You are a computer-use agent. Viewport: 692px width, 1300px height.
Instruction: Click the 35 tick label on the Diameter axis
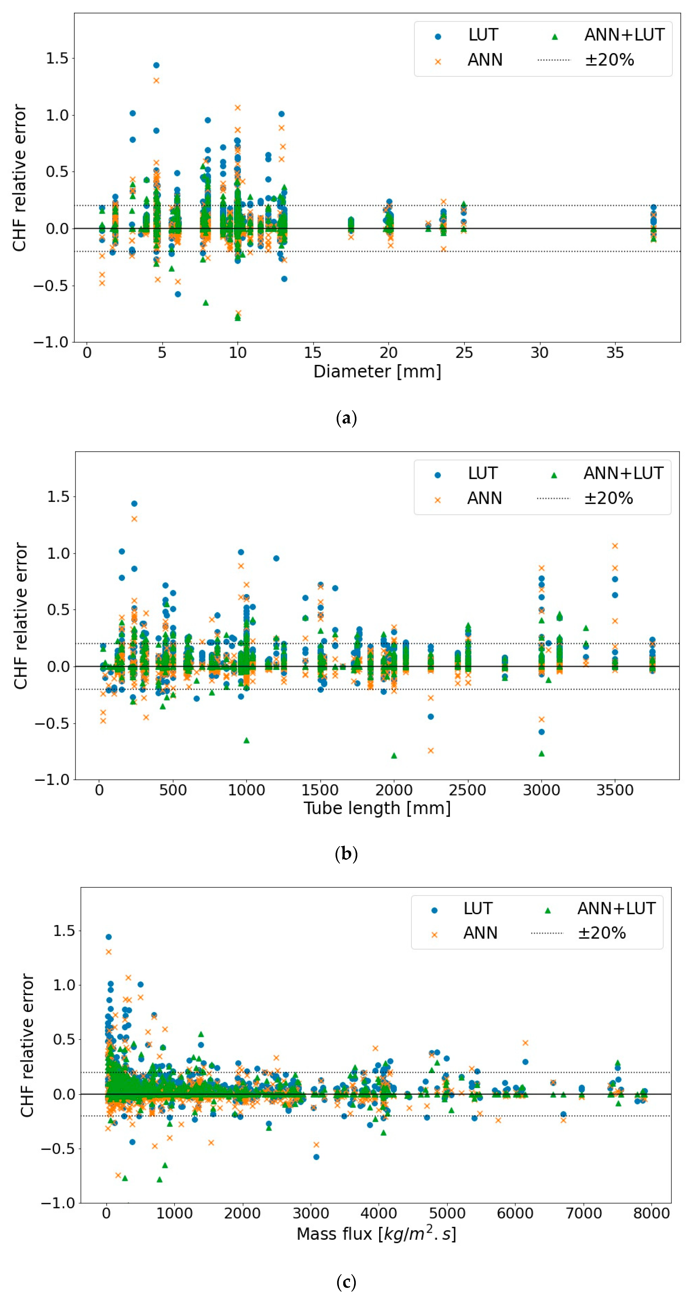click(615, 352)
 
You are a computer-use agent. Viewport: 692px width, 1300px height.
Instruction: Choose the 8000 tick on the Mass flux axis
click(651, 1213)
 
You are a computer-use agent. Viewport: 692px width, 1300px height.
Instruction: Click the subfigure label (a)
click(346, 418)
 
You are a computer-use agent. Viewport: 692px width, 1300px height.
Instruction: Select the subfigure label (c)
click(346, 1281)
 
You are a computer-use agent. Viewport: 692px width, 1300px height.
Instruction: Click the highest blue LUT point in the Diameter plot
click(156, 65)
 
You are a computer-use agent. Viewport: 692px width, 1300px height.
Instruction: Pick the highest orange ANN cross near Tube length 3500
click(615, 546)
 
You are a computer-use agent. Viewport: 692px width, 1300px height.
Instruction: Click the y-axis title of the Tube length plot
click(20, 616)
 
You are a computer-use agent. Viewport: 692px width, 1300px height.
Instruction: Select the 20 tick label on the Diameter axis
click(388, 352)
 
